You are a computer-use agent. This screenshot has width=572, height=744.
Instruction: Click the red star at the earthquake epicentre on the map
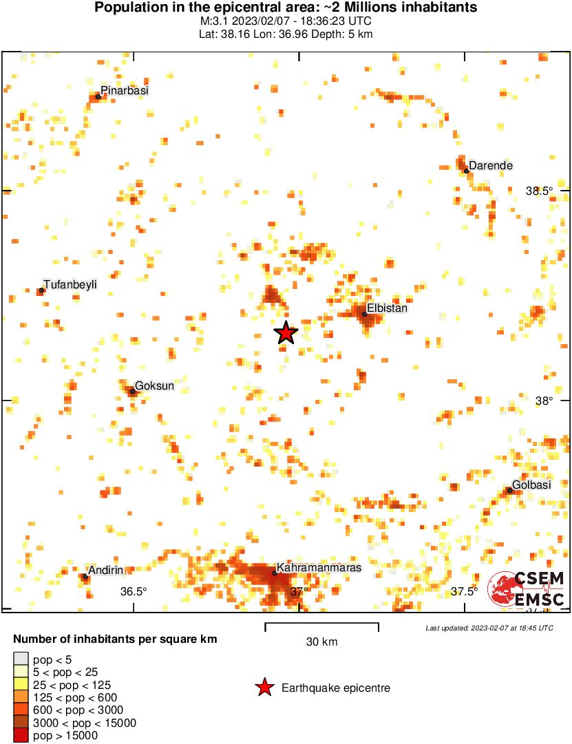point(286,333)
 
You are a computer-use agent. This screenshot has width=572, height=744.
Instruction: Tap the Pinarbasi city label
point(125,90)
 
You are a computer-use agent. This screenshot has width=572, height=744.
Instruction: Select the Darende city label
point(491,165)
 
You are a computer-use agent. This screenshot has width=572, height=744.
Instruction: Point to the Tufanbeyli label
point(70,284)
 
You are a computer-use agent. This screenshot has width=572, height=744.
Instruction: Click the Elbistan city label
point(388,308)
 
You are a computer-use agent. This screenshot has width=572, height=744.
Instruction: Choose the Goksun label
point(155,385)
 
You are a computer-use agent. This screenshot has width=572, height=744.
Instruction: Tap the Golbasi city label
point(531,485)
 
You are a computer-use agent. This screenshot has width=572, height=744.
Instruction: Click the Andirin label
point(105,570)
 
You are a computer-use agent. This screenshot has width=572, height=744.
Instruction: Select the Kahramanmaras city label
point(319,567)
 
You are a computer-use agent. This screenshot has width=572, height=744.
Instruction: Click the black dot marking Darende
point(466,171)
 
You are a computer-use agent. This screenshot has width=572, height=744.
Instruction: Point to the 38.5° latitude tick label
point(539,191)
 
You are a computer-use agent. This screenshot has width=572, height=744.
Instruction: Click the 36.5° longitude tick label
point(134,591)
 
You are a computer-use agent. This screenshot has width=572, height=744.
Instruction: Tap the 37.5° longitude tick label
point(465,591)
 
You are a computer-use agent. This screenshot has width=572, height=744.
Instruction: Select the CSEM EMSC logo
point(527,589)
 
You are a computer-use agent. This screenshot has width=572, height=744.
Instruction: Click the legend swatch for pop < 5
point(21,659)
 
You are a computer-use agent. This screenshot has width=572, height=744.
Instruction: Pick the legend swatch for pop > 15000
point(21,735)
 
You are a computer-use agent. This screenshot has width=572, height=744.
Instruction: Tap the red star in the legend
point(264,688)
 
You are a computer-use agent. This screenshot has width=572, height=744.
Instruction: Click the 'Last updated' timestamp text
point(489,628)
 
